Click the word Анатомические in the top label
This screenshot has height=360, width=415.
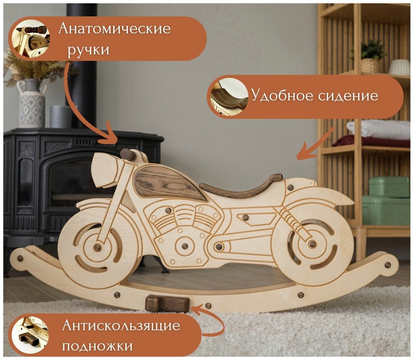click(114, 29)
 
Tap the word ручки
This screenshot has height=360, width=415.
click(88, 50)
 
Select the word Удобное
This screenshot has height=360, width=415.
click(282, 96)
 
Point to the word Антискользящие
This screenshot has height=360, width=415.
click(121, 326)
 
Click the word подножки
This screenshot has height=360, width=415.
click(97, 346)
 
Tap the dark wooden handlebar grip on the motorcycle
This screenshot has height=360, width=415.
click(128, 155)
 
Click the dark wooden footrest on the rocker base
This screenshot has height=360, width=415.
click(167, 303)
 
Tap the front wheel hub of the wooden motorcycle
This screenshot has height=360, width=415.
click(97, 247)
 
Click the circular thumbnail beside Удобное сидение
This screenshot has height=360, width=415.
click(228, 97)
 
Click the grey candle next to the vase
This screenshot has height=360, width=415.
click(61, 117)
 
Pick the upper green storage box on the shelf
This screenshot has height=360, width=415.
click(389, 187)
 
